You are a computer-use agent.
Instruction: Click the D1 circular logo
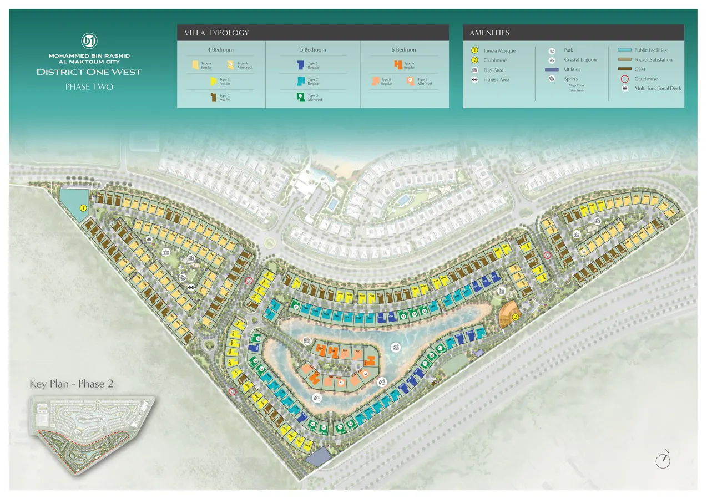[89, 42]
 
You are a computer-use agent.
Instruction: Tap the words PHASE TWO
[89, 86]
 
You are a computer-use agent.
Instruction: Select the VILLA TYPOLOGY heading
[216, 33]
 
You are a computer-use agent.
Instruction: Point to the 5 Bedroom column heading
[313, 50]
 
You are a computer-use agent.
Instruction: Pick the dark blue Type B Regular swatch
[300, 65]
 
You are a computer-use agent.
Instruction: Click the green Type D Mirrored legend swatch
[300, 97]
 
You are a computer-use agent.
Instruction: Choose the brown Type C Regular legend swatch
[213, 98]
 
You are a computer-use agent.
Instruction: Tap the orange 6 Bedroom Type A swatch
[398, 65]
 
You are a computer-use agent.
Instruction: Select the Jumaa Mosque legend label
[499, 50]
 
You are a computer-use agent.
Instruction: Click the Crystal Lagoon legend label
[581, 60]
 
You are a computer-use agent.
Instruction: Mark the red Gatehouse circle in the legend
[624, 79]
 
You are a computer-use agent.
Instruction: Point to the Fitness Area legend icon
[474, 79]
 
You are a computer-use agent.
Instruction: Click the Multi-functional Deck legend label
[658, 88]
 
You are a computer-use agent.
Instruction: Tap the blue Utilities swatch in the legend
[551, 69]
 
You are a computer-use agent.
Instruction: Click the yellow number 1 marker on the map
[83, 208]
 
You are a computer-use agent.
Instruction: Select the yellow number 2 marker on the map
[516, 317]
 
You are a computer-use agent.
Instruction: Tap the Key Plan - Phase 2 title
[71, 384]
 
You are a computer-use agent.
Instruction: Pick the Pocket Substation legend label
[653, 60]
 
